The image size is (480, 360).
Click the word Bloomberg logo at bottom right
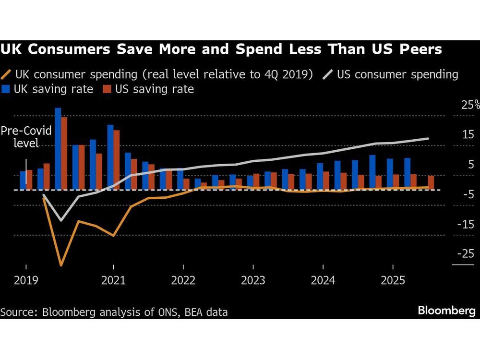click(x=446, y=311)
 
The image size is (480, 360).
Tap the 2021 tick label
click(x=113, y=280)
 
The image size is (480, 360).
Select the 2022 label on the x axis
click(x=183, y=280)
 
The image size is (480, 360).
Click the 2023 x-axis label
click(x=253, y=280)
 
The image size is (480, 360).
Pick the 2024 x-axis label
click(x=323, y=280)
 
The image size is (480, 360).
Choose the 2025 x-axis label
click(x=393, y=280)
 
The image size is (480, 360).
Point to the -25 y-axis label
click(x=464, y=253)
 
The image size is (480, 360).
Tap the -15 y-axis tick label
click(x=464, y=224)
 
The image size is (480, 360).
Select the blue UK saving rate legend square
click(x=6, y=89)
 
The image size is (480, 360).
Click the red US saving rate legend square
click(x=107, y=89)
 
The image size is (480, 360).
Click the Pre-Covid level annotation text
click(x=26, y=137)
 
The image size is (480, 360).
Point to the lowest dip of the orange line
click(x=61, y=265)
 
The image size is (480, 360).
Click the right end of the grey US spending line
click(x=428, y=139)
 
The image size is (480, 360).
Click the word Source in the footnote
click(x=19, y=312)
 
